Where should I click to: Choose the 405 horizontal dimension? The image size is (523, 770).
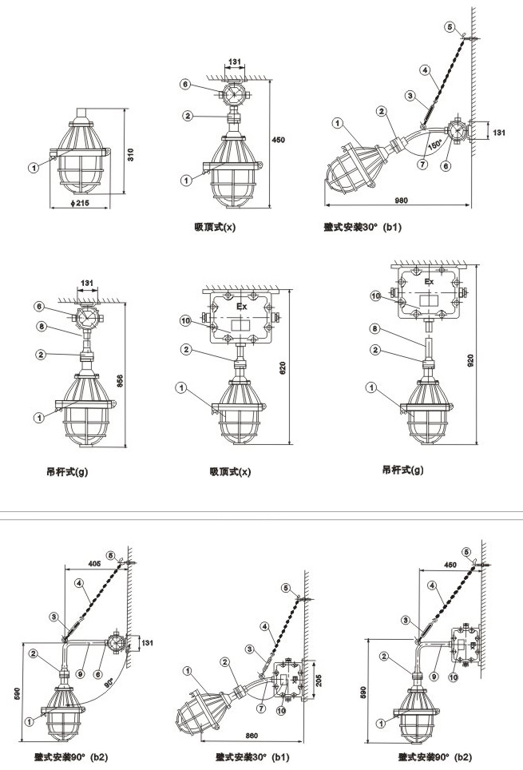(x=93, y=563)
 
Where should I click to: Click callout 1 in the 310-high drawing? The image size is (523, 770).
(x=34, y=168)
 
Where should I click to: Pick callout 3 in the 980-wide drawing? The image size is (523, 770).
(x=410, y=97)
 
